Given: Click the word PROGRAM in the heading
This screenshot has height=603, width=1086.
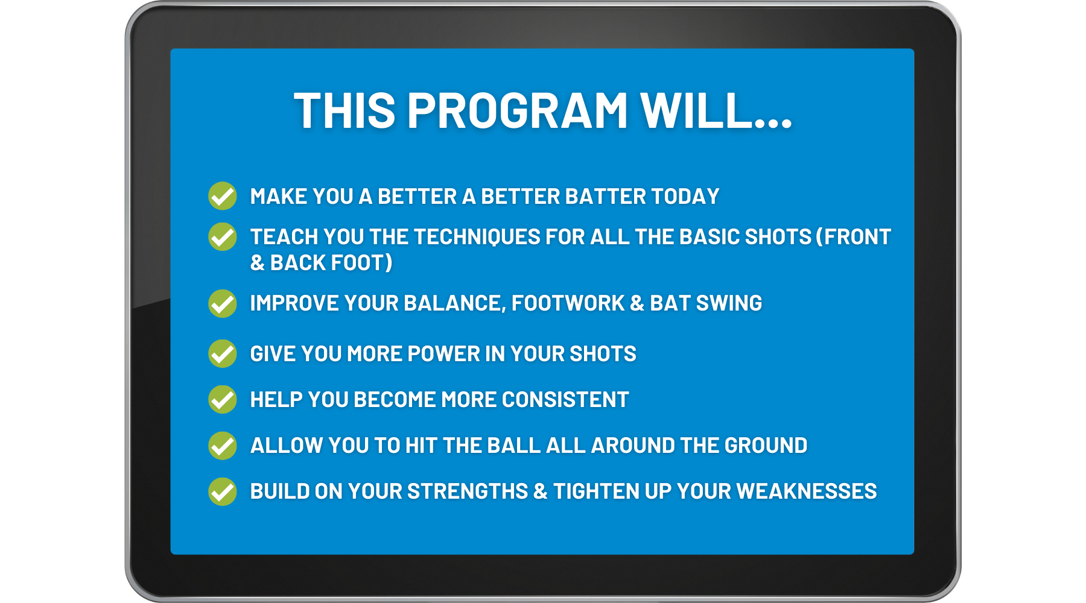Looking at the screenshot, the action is (x=518, y=111).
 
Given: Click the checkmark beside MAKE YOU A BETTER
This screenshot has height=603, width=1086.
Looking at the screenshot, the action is (x=223, y=196).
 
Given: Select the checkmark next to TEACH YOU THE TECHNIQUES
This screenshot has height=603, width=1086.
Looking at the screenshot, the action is (x=223, y=236).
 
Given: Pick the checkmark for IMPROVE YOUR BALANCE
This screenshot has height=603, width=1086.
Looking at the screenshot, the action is (x=223, y=303).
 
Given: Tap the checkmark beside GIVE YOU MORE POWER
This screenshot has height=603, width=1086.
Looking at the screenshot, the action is (x=223, y=353).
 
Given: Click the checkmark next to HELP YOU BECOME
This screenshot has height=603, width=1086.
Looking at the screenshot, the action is (x=223, y=399).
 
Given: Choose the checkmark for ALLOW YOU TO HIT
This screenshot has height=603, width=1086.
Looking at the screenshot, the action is (x=223, y=446).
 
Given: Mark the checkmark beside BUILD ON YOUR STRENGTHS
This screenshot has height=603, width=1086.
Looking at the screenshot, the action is (x=223, y=491).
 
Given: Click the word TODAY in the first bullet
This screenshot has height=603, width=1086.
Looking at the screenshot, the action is (x=685, y=197).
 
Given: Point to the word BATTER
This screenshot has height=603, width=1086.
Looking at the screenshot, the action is (x=606, y=197).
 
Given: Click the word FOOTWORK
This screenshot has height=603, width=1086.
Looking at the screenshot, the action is (x=568, y=303).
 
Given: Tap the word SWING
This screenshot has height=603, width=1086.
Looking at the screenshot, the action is (x=729, y=303).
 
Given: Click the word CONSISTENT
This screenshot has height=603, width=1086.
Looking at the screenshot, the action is (x=565, y=400).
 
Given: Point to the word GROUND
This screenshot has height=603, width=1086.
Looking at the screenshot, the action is (x=766, y=446).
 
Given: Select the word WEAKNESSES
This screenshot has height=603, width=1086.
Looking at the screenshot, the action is (x=807, y=491).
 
